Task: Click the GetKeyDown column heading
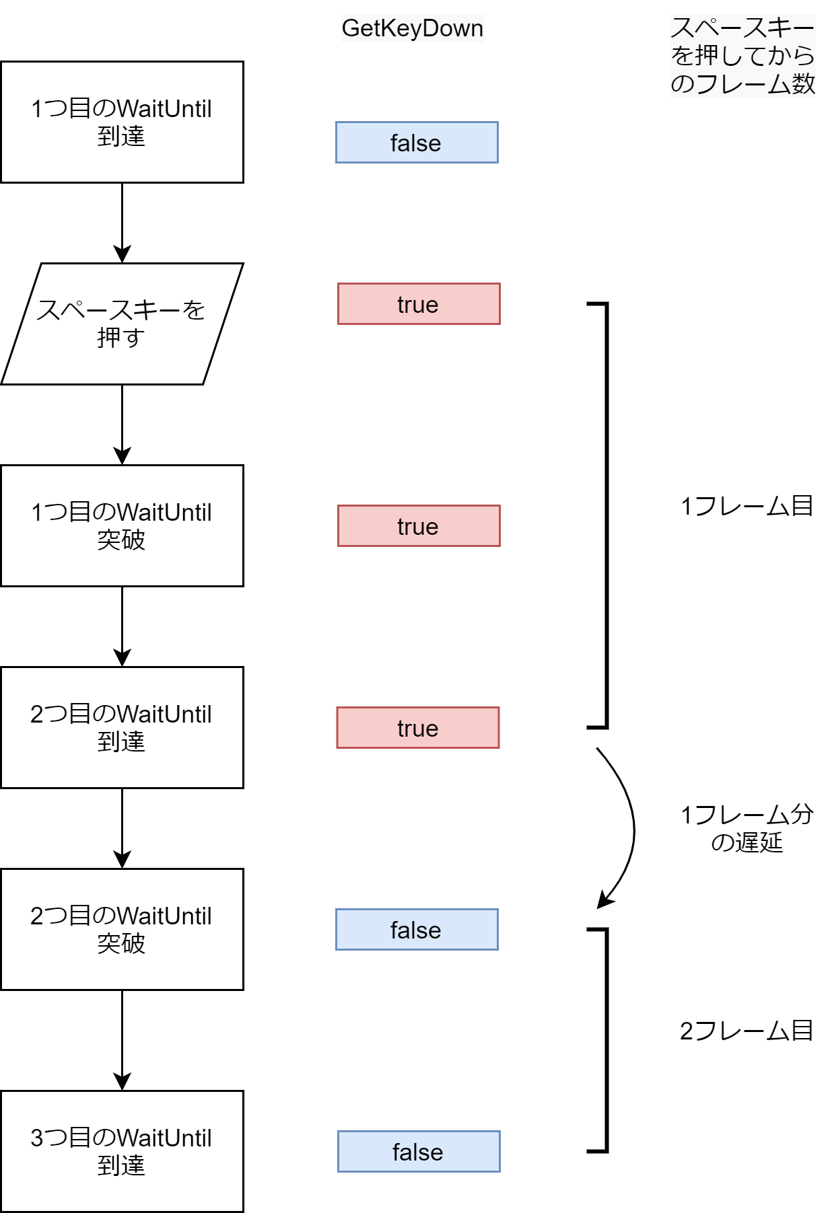(412, 28)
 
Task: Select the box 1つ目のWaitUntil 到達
(122, 122)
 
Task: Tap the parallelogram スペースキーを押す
(122, 324)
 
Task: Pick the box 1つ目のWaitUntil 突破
(122, 525)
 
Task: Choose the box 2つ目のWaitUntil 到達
(122, 727)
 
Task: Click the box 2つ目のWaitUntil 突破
(122, 929)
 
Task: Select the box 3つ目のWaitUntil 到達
(122, 1151)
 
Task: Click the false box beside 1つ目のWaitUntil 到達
(417, 143)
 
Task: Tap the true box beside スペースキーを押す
(419, 304)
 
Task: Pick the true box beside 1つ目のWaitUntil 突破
(419, 526)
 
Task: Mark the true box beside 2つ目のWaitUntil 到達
(418, 728)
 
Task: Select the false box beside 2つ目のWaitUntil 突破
(417, 930)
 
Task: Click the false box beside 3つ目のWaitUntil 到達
(419, 1152)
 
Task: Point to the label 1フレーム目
(747, 506)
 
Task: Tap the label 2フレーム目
(747, 1031)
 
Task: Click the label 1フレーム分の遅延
(747, 828)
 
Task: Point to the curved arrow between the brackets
(631, 828)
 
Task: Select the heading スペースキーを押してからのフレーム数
(742, 56)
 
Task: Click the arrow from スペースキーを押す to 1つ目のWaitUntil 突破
(122, 424)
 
